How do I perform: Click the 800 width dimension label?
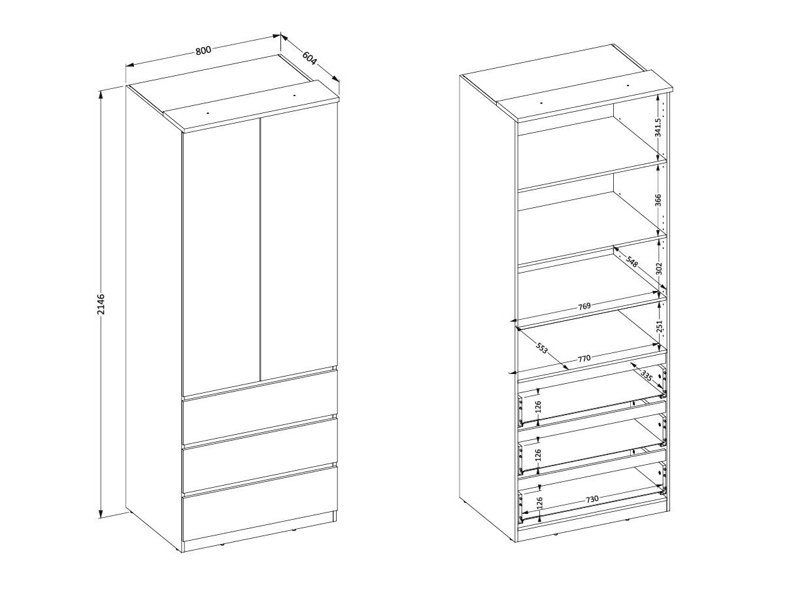(203, 50)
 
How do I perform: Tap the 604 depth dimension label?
(309, 58)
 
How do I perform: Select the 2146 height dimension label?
(101, 305)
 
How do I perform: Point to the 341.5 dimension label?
(658, 127)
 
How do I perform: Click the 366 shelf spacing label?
(658, 200)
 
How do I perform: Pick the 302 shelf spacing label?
(659, 269)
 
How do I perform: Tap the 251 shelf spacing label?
(660, 326)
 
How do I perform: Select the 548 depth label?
(631, 262)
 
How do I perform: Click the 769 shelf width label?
(584, 306)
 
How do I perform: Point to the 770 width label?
(584, 358)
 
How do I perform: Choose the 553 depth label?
(541, 348)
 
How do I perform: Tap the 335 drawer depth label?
(647, 377)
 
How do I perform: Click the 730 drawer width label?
(592, 499)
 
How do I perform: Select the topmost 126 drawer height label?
(538, 407)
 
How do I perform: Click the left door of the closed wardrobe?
(222, 256)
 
